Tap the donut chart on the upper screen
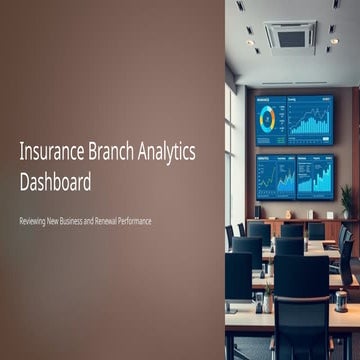[x=267, y=118]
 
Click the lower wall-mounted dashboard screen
[x=294, y=175]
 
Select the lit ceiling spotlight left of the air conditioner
[x=250, y=41]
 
